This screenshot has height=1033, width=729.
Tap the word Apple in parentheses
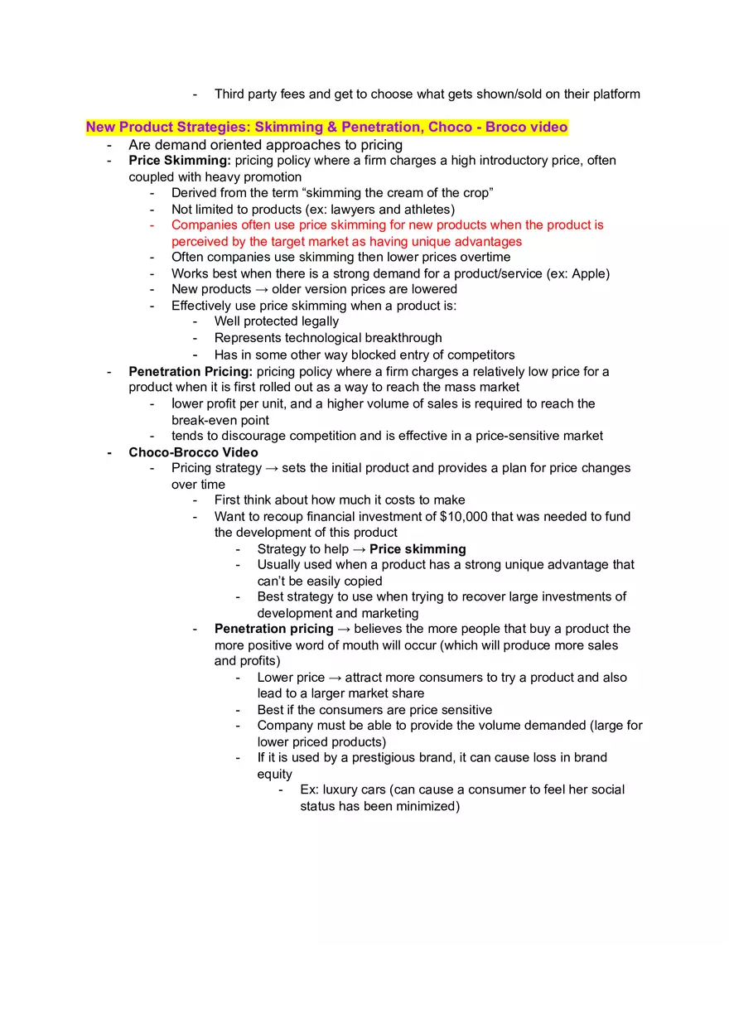pyautogui.click(x=589, y=273)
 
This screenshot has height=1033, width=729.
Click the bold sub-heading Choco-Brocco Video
pyautogui.click(x=193, y=452)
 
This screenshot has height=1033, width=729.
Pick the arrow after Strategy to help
pyautogui.click(x=360, y=548)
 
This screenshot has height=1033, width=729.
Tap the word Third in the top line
pyautogui.click(x=231, y=94)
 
